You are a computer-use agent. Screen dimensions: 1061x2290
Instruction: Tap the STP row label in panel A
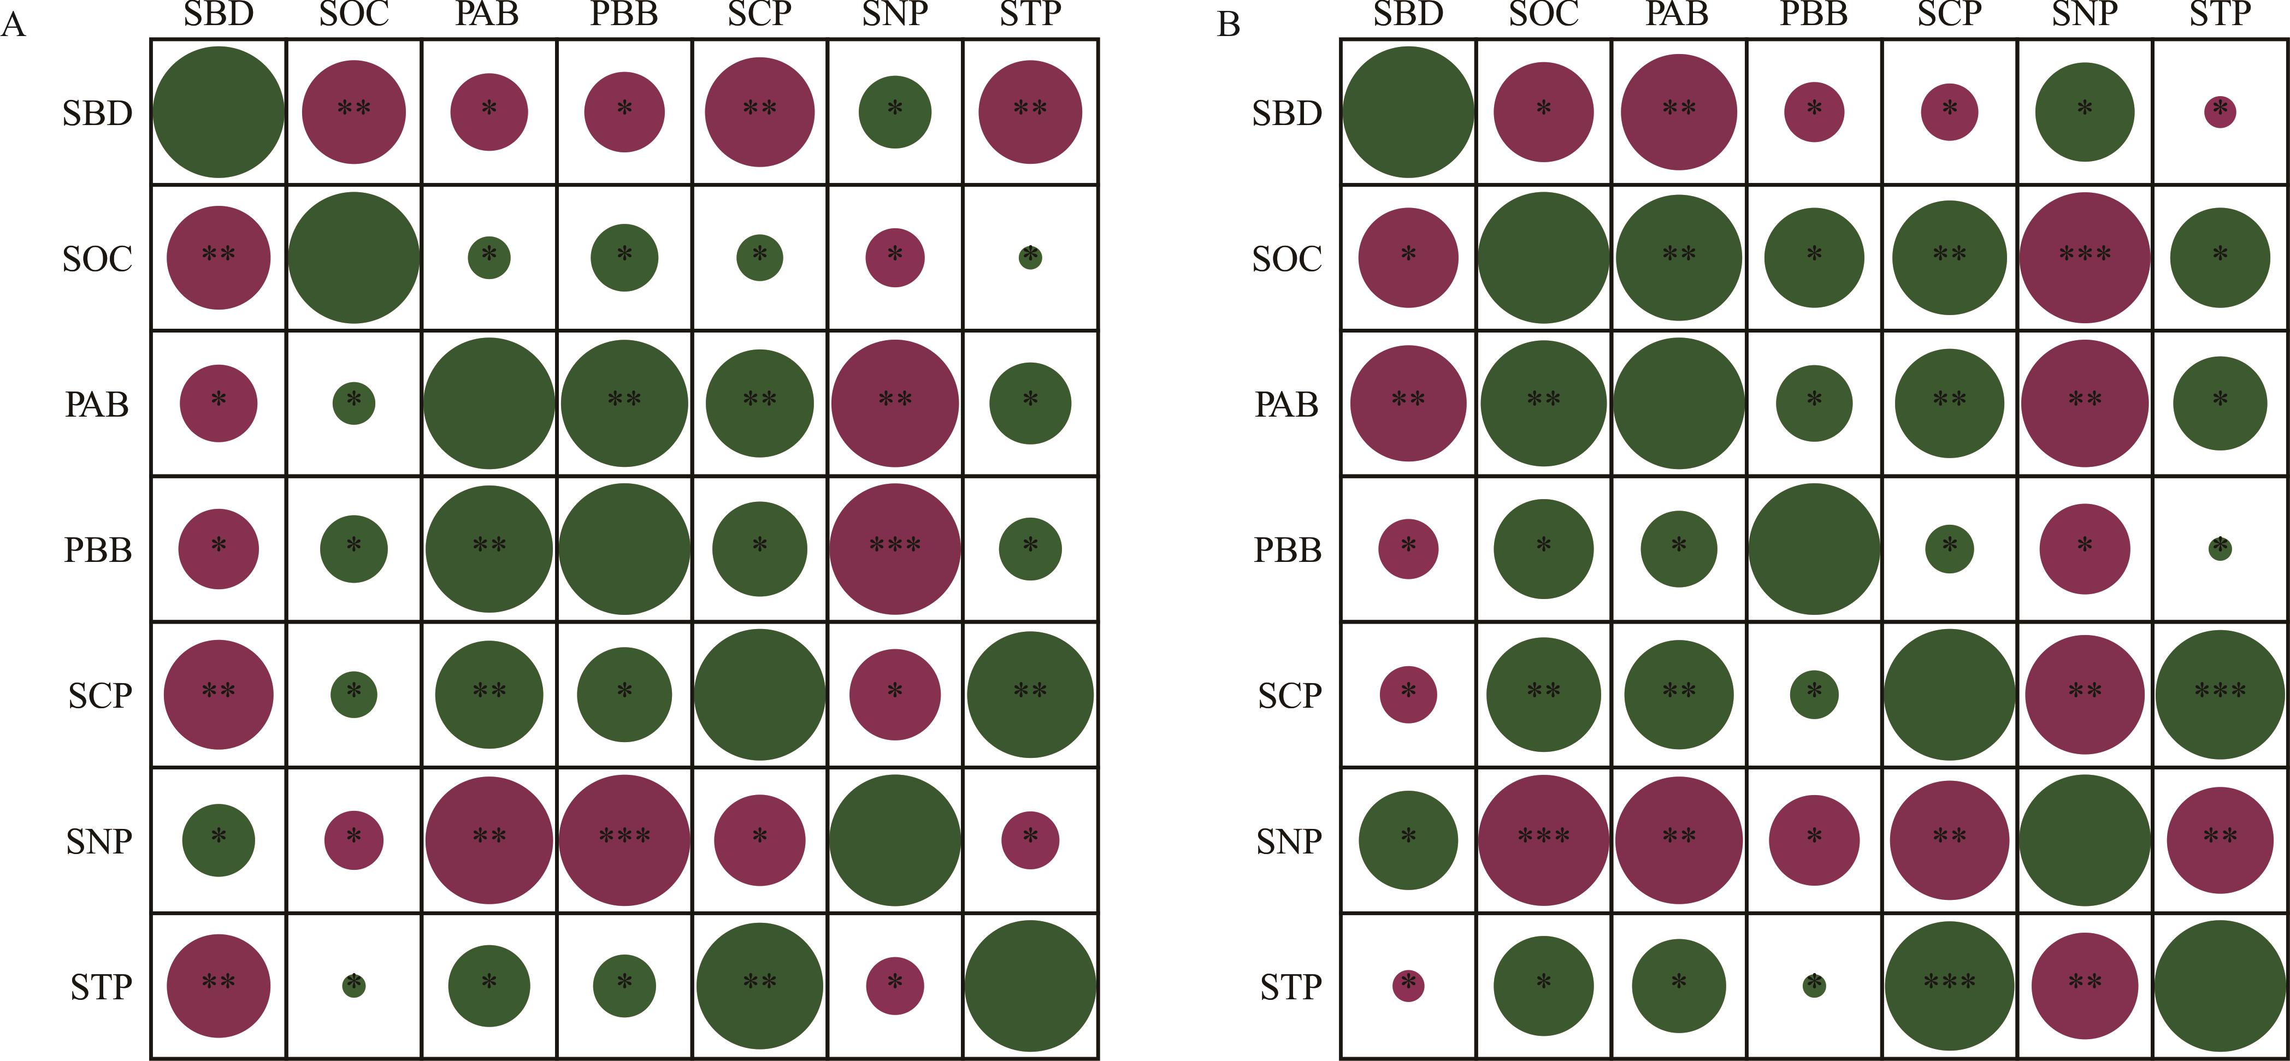click(x=101, y=986)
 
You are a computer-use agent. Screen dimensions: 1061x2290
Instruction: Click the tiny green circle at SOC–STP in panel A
click(x=1030, y=258)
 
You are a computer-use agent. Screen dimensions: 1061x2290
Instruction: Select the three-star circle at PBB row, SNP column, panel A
click(x=895, y=548)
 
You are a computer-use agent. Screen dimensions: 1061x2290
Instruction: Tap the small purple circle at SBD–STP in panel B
click(x=2220, y=112)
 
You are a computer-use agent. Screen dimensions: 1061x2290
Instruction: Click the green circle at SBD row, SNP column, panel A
click(x=895, y=112)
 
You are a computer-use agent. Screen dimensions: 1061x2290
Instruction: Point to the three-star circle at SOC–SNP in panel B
click(x=2085, y=258)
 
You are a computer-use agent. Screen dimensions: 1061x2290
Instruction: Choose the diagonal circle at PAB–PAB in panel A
click(x=489, y=404)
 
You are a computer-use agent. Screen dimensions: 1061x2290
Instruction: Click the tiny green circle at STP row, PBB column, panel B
click(x=1814, y=985)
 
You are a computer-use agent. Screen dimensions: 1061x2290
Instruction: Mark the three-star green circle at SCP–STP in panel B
click(x=2220, y=694)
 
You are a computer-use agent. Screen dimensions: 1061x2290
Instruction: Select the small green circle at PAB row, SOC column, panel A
click(x=354, y=404)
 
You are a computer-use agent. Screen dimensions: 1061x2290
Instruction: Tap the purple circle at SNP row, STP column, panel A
click(x=1030, y=840)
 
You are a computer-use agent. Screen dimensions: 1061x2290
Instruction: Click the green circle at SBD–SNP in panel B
click(x=2085, y=112)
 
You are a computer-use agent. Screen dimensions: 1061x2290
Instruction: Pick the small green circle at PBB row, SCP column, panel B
click(x=1950, y=548)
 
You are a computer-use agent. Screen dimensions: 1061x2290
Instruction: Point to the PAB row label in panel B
click(x=1286, y=404)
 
